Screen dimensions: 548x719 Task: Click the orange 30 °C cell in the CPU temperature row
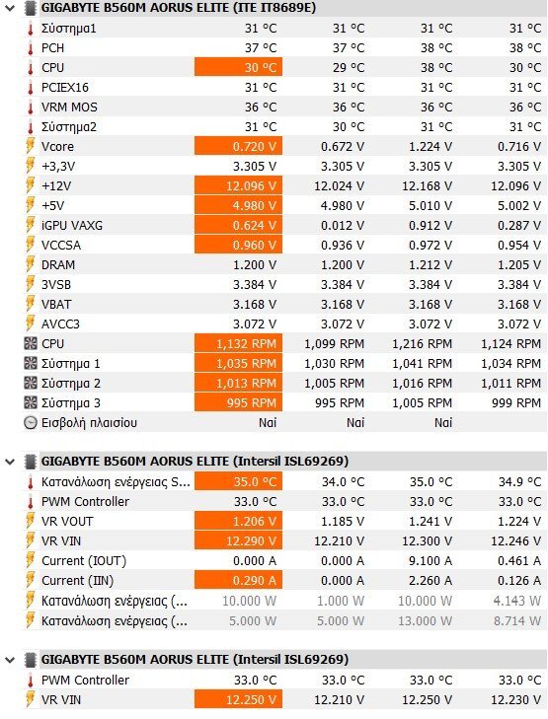pyautogui.click(x=238, y=67)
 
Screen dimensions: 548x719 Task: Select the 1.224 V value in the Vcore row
pyautogui.click(x=431, y=147)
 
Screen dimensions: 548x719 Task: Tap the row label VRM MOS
pyautogui.click(x=69, y=108)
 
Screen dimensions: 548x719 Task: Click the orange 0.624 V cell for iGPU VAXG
pyautogui.click(x=238, y=225)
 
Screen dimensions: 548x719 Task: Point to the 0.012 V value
pyautogui.click(x=343, y=226)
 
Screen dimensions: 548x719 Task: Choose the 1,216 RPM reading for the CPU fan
pyautogui.click(x=422, y=344)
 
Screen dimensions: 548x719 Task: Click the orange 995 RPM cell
pyautogui.click(x=238, y=402)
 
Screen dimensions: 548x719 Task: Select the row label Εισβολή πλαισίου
pyautogui.click(x=89, y=423)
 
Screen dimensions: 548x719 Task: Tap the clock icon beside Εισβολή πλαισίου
pyautogui.click(x=31, y=423)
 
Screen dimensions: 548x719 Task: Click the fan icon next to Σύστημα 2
pyautogui.click(x=31, y=383)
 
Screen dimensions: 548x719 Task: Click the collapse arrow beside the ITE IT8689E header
pyautogui.click(x=10, y=8)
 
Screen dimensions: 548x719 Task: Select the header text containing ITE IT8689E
pyautogui.click(x=179, y=8)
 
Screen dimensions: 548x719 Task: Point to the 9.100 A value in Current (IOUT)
pyautogui.click(x=431, y=561)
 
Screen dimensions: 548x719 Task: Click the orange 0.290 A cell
pyautogui.click(x=238, y=581)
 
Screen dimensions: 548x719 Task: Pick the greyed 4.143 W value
pyautogui.click(x=517, y=601)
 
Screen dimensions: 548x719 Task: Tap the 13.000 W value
pyautogui.click(x=425, y=621)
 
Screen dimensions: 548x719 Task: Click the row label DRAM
pyautogui.click(x=58, y=265)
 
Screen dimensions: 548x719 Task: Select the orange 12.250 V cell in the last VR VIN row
pyautogui.click(x=238, y=699)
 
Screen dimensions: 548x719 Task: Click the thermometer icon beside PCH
pyautogui.click(x=31, y=48)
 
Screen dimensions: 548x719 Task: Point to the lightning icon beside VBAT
pyautogui.click(x=31, y=304)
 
